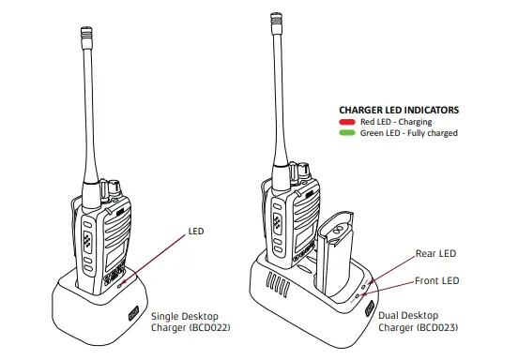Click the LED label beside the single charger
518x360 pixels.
coord(195,229)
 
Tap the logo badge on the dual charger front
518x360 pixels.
coord(368,309)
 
